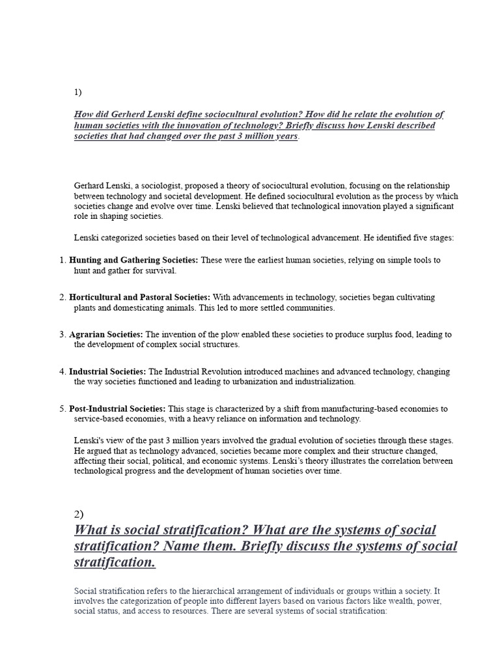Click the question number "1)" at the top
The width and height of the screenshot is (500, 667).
click(78, 92)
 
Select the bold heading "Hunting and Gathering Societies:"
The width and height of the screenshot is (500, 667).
click(133, 260)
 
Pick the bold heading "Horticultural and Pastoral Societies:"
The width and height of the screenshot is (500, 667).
click(139, 297)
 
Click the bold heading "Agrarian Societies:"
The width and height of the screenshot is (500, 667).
click(105, 334)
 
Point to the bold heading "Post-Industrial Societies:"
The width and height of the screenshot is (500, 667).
click(117, 408)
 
